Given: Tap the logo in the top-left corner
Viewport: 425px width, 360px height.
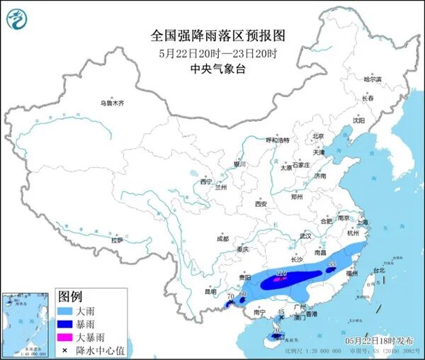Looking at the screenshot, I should (16, 17).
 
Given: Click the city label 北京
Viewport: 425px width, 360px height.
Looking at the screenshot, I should (318, 136).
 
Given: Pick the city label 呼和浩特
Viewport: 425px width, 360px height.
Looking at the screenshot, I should (278, 140).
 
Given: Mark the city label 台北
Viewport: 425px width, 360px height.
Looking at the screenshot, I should (379, 270).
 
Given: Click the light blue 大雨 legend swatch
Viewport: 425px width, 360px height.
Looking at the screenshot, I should (67, 311).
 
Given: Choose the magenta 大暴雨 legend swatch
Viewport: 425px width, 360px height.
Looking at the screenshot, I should (67, 337).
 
